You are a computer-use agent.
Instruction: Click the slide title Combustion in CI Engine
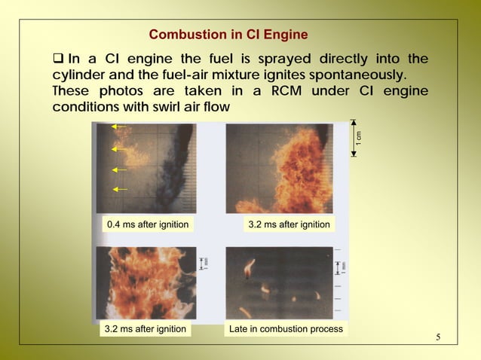[228, 35]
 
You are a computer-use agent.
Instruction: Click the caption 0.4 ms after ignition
[147, 224]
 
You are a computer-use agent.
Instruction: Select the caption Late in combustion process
[286, 329]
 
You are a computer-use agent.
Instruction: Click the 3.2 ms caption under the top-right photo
[289, 224]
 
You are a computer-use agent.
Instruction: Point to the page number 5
[438, 336]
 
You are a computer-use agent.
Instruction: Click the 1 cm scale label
[360, 138]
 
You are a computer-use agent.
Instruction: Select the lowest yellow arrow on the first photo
[119, 190]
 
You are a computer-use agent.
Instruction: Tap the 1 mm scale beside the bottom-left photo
[204, 262]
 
